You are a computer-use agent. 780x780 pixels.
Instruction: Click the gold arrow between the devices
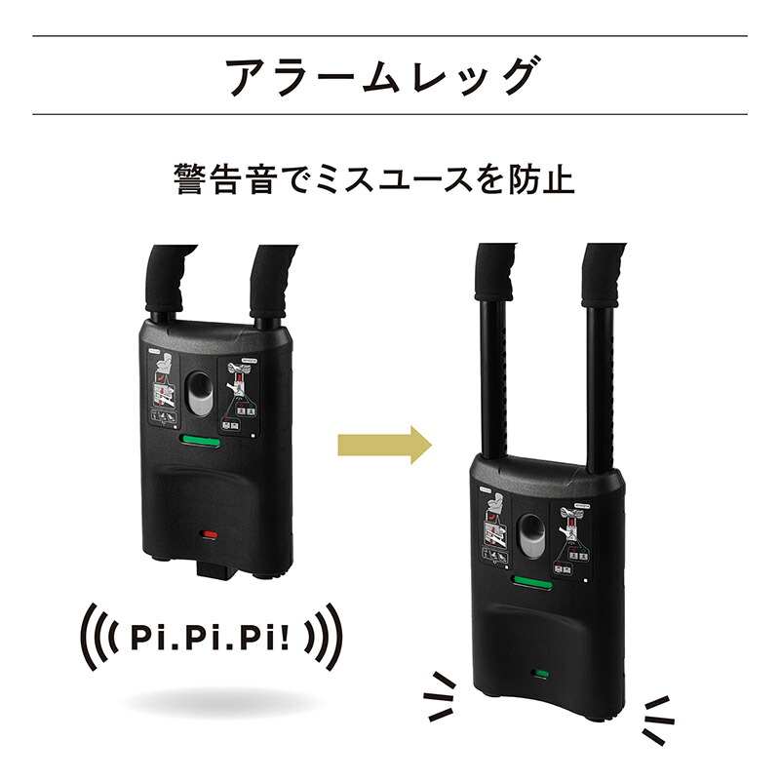pyautogui.click(x=383, y=446)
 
